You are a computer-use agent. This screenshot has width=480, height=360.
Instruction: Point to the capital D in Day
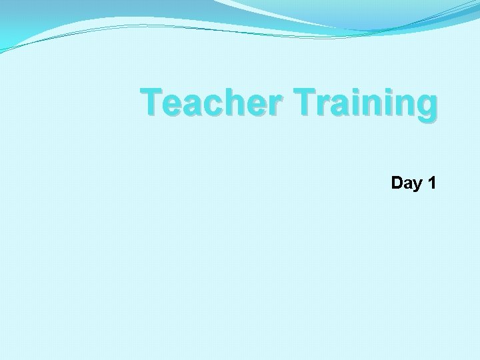pyautogui.click(x=398, y=183)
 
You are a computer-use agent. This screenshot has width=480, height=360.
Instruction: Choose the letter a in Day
pyautogui.click(x=408, y=184)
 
